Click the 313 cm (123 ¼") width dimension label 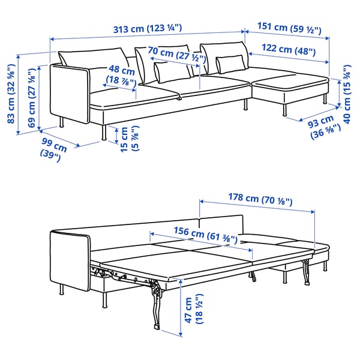pos(147,28)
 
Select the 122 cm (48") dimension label pos(290,52)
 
